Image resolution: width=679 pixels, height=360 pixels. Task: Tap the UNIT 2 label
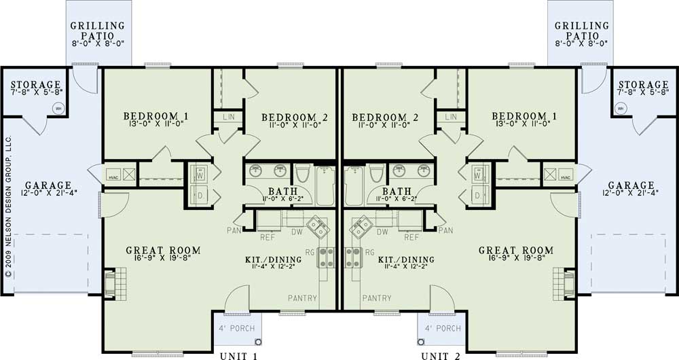click(x=443, y=355)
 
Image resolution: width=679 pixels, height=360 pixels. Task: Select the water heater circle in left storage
click(x=58, y=107)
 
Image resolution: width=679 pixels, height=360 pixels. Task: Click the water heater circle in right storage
click(x=621, y=107)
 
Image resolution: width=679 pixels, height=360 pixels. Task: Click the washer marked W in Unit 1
click(x=200, y=174)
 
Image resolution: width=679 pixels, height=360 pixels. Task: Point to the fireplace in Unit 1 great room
click(x=111, y=280)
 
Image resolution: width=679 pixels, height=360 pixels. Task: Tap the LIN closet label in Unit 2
click(x=450, y=118)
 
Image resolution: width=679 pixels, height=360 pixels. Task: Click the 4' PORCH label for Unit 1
click(x=235, y=329)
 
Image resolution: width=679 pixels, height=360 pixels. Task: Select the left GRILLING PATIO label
click(x=97, y=31)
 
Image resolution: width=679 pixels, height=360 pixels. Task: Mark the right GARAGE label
click(x=631, y=185)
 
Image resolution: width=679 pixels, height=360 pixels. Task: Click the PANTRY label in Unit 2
click(x=376, y=298)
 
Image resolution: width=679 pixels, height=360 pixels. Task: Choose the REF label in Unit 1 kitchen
click(x=268, y=237)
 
